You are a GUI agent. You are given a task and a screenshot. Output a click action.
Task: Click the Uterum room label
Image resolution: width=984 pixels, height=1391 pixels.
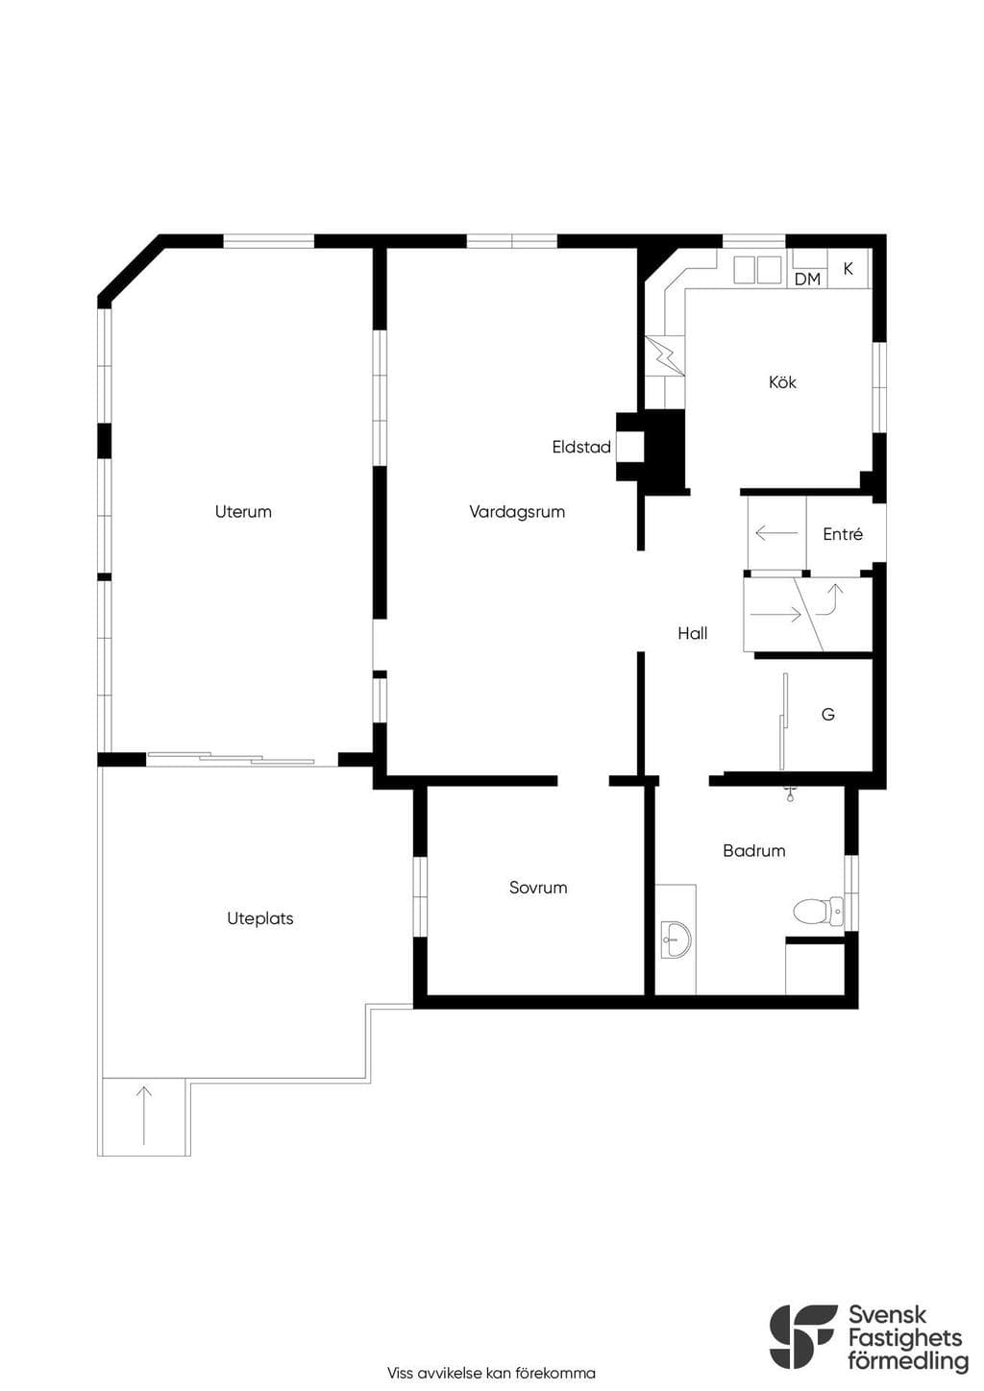[x=243, y=512]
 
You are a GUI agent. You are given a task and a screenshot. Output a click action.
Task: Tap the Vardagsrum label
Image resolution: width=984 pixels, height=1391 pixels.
[x=517, y=512]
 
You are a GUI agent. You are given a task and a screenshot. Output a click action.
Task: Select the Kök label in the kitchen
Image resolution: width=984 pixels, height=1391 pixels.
[x=782, y=382]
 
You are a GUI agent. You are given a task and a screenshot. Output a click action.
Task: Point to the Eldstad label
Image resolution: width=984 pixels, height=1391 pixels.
[x=581, y=447]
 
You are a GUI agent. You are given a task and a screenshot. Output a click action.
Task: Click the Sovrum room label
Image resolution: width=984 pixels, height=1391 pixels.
[x=538, y=888]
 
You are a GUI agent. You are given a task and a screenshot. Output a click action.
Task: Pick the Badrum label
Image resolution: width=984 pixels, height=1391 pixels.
[x=753, y=850]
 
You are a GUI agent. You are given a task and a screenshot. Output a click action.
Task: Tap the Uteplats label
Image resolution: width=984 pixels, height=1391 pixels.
[x=259, y=918]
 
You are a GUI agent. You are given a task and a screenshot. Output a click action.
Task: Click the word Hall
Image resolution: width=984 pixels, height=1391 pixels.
[x=693, y=633]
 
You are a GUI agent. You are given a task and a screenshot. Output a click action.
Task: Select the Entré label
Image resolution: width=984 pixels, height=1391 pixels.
[x=843, y=533]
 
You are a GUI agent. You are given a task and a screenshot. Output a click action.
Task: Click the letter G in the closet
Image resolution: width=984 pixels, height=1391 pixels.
[x=827, y=714]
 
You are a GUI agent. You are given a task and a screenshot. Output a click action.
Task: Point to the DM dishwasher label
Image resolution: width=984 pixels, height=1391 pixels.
[x=807, y=280]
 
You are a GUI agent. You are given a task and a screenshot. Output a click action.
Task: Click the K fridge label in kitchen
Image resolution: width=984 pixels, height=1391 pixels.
[x=848, y=269]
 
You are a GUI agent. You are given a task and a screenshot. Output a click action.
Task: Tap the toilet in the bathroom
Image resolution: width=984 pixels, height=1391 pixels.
[x=819, y=912]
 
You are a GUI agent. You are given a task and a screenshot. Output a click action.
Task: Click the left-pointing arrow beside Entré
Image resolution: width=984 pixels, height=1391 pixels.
[x=776, y=532]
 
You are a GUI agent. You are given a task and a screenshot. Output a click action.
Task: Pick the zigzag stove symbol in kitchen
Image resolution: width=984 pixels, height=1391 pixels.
[x=665, y=355]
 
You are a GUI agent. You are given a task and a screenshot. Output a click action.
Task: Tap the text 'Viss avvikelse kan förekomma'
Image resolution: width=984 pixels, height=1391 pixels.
[x=491, y=1373]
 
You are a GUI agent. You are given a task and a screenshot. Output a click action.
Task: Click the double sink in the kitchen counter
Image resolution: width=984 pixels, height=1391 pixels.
[x=757, y=270]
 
